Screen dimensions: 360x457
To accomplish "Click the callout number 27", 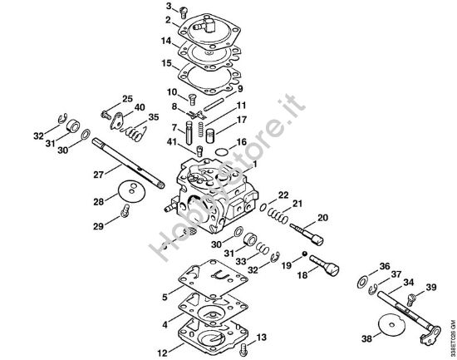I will tap(98, 175).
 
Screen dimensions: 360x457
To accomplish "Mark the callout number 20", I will tap(322, 218).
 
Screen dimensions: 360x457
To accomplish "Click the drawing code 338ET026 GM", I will tap(451, 325).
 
